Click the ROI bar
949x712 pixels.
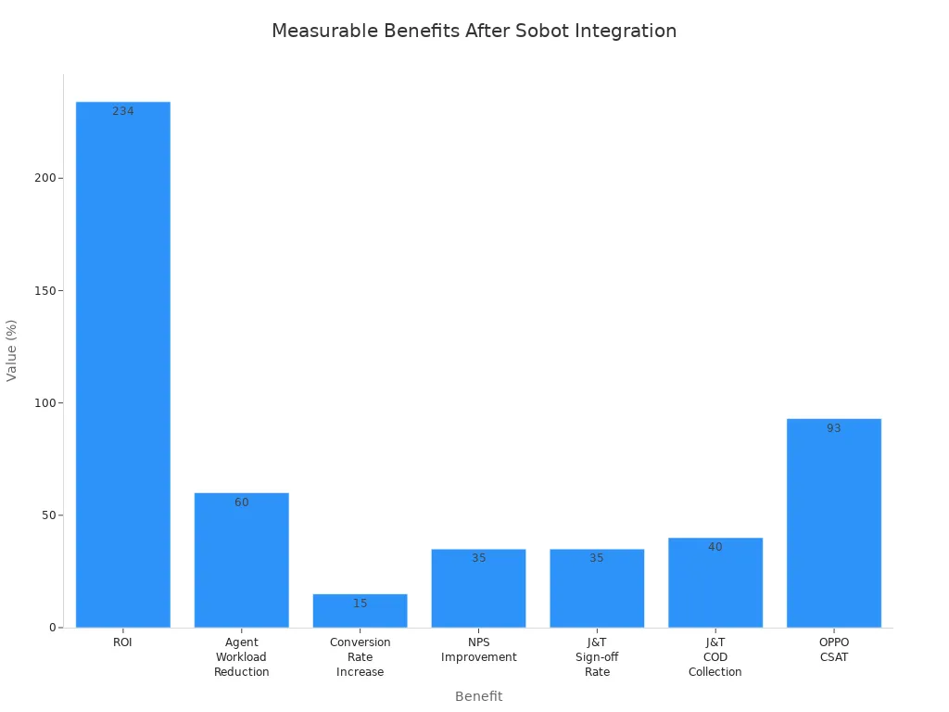click(x=122, y=371)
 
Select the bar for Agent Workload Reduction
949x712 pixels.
click(x=241, y=566)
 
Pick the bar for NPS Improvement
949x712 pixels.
click(x=478, y=593)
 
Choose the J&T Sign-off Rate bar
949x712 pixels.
click(x=597, y=593)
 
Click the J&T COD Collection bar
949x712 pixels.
click(x=715, y=589)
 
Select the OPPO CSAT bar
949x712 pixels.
click(x=834, y=528)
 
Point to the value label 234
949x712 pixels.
click(x=123, y=111)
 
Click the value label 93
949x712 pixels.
click(x=834, y=428)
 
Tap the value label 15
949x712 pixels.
click(x=360, y=604)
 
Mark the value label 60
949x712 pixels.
click(x=241, y=502)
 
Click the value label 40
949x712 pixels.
click(x=715, y=547)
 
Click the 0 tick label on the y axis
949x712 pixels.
click(x=54, y=628)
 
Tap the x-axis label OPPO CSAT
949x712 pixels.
click(x=834, y=650)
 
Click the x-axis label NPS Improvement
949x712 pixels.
click(x=478, y=650)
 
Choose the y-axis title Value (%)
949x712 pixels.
click(x=12, y=350)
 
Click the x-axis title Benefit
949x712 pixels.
click(x=478, y=696)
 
